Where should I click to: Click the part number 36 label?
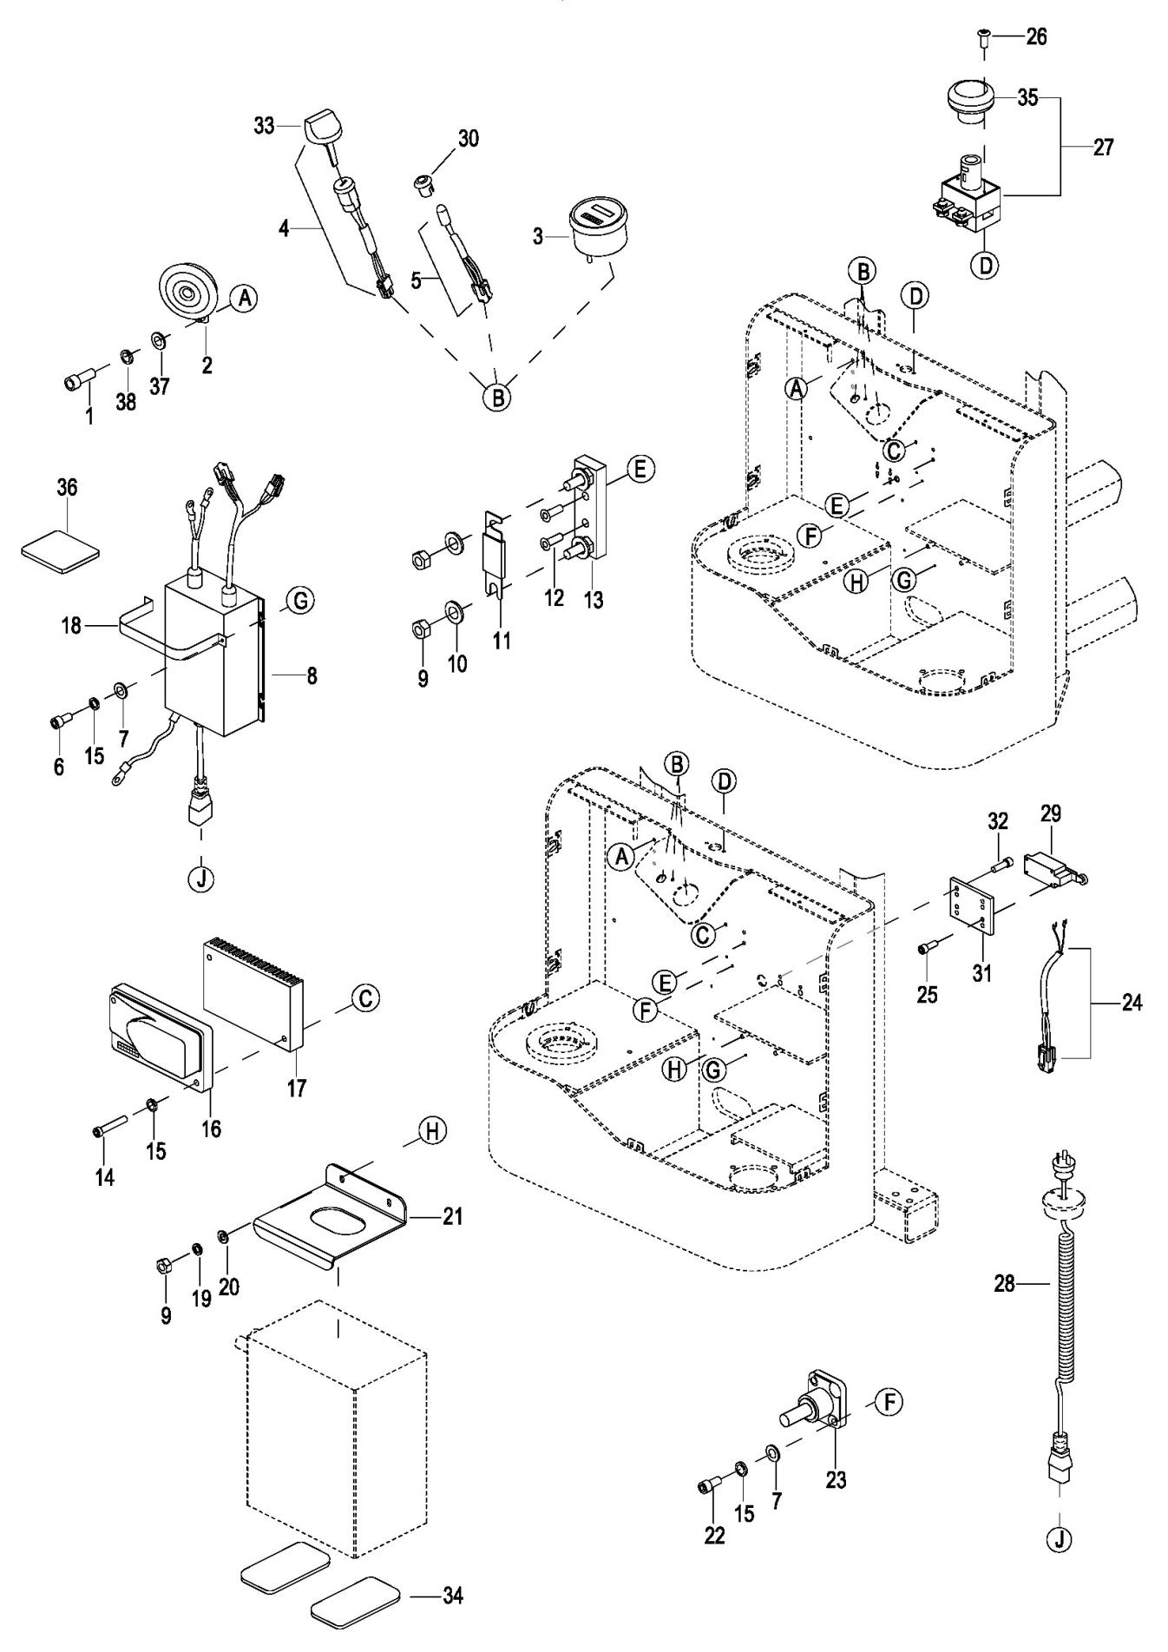(67, 488)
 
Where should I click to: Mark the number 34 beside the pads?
(452, 1596)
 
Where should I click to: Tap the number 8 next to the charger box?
(311, 675)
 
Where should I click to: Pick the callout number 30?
(469, 139)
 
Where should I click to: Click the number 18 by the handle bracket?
(71, 625)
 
